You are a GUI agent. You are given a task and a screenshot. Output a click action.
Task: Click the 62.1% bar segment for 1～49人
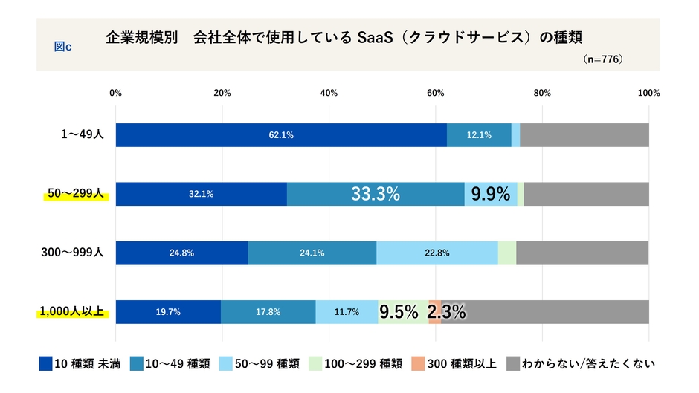pos(281,135)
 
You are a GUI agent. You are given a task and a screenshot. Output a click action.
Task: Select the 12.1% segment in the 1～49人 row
pos(479,135)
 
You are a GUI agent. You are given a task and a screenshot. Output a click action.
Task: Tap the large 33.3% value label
pos(376,194)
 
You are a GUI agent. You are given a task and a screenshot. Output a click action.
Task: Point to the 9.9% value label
pos(491,194)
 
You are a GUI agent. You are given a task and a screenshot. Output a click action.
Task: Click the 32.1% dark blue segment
pos(202,194)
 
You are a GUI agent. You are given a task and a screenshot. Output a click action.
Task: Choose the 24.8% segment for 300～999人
pos(181,253)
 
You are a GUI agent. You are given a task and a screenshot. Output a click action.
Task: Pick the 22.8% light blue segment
pos(437,253)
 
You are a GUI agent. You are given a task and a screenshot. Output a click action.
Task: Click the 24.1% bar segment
pos(312,253)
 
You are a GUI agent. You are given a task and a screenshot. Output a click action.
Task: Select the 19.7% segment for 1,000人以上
pos(168,312)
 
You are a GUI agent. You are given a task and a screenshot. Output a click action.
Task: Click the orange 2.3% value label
pos(446,312)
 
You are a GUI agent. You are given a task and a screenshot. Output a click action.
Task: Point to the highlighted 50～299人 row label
pos(74,194)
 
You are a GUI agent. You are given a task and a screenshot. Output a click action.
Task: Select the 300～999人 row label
pos(72,253)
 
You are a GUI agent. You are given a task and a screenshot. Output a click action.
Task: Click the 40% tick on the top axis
pos(329,93)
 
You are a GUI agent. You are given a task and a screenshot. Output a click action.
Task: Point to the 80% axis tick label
pos(542,93)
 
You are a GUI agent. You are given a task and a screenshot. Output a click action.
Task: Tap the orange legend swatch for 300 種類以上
pos(420,364)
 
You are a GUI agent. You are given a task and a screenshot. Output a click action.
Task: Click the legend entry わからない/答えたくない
pos(587,364)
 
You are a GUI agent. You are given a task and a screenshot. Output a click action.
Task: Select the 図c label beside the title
pos(62,46)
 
